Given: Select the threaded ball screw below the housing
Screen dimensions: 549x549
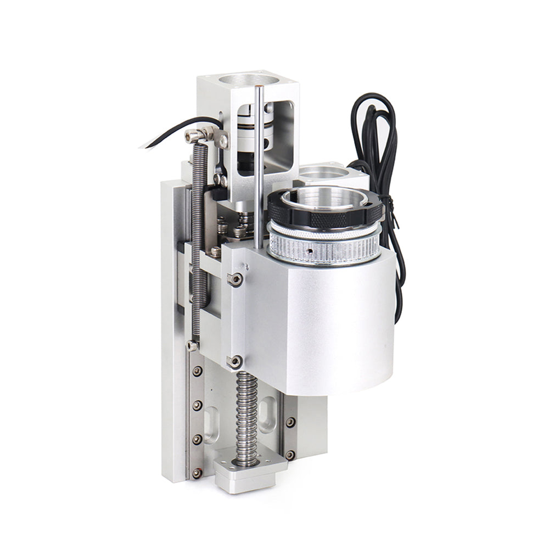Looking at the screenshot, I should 247,412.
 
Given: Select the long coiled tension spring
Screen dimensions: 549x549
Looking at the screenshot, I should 199,231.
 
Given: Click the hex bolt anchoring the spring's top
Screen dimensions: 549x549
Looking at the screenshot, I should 193,135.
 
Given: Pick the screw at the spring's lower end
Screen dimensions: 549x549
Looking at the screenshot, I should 192,345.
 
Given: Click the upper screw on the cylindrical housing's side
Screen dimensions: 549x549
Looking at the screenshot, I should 236,279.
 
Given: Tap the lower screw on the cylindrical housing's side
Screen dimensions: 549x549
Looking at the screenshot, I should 236,361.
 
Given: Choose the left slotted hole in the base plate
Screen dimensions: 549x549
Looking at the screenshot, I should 211,426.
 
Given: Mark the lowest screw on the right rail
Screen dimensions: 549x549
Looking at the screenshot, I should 290,455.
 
